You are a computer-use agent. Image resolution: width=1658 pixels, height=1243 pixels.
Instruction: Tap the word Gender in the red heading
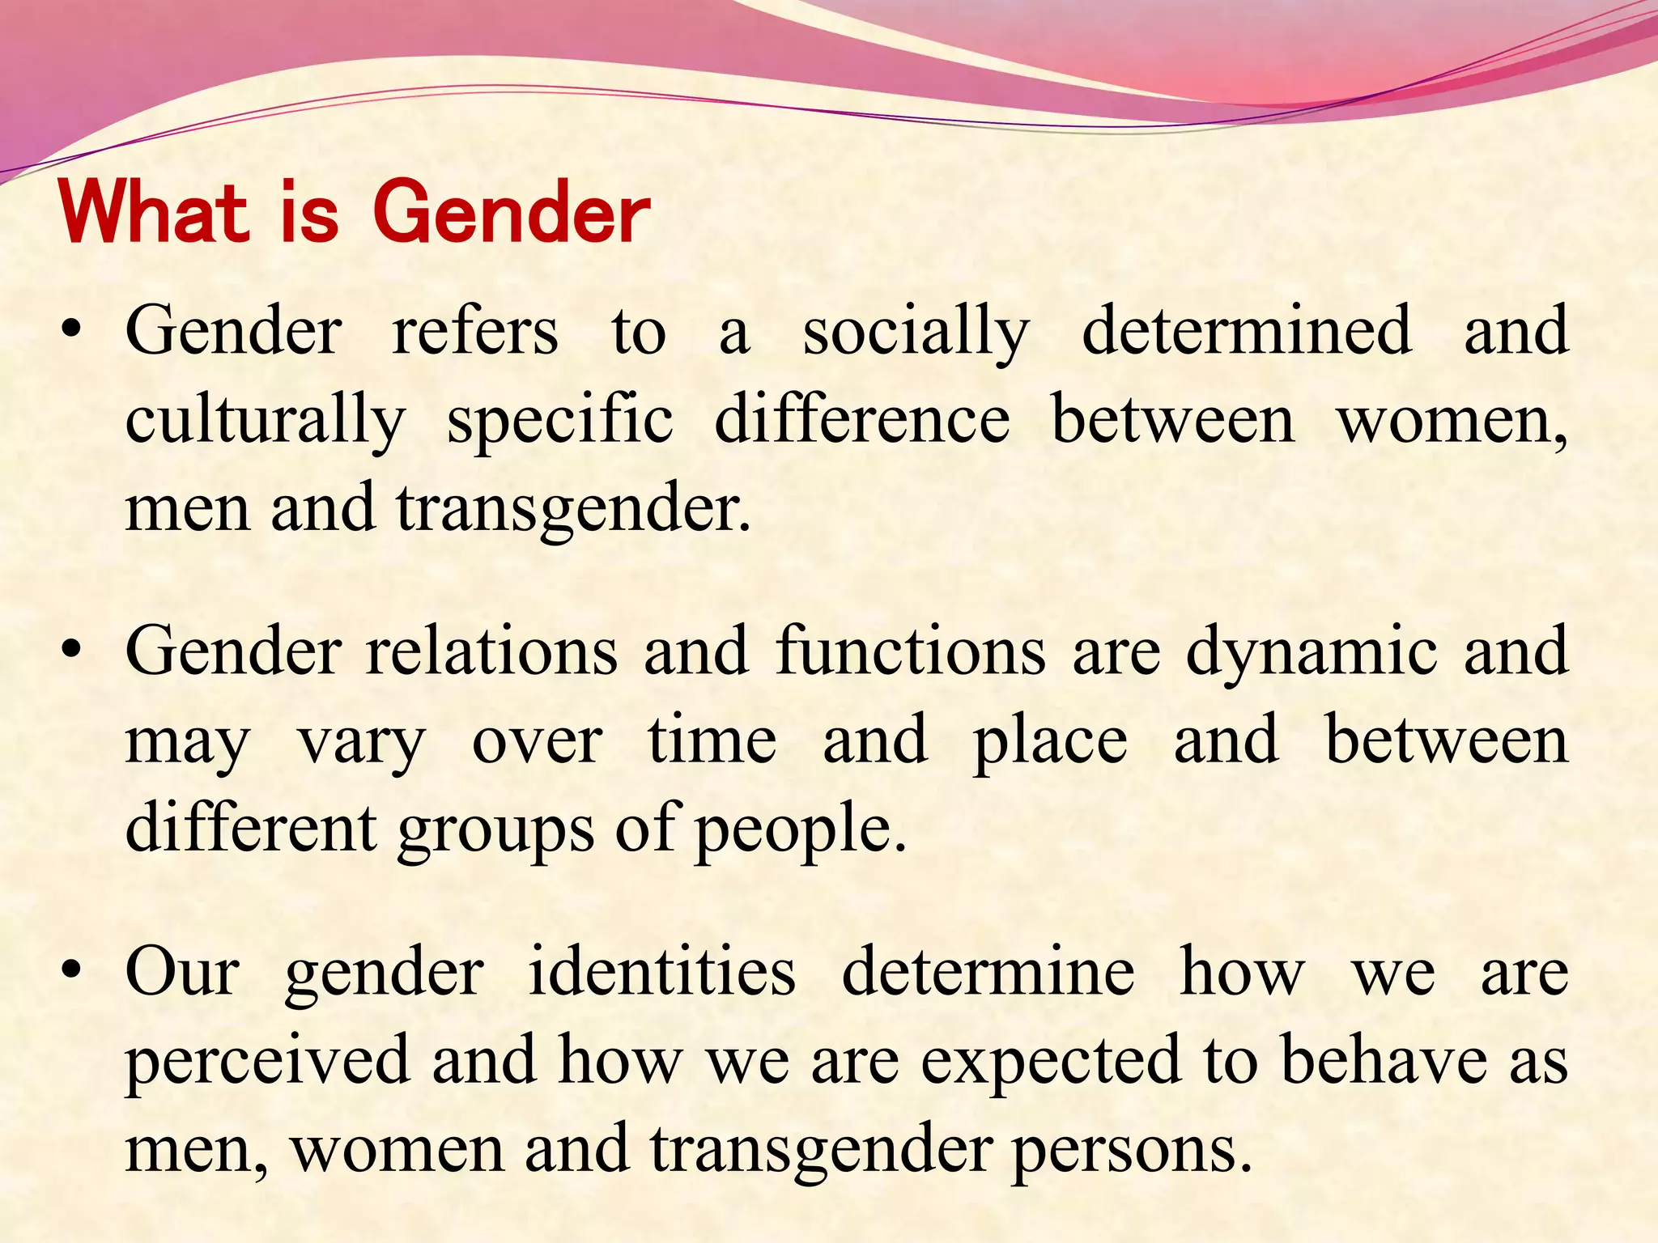512,212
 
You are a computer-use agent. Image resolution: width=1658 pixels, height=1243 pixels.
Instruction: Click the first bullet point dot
72,331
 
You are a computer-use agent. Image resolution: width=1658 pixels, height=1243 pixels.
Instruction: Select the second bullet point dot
72,651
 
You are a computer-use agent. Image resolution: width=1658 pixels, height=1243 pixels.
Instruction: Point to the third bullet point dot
72,970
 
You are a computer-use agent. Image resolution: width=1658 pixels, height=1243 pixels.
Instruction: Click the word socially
916,332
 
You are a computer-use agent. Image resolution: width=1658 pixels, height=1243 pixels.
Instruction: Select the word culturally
265,421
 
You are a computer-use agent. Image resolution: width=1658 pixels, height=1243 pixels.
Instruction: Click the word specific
560,421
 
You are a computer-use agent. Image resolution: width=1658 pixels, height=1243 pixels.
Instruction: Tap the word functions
910,651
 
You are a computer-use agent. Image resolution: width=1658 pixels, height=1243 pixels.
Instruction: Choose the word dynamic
1312,652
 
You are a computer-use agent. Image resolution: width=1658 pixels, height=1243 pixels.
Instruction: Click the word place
1050,741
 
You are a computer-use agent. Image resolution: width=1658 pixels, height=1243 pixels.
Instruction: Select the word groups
496,830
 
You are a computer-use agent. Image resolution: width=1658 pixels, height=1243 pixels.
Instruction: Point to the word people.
800,830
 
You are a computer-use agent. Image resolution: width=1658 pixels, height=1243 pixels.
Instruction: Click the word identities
662,970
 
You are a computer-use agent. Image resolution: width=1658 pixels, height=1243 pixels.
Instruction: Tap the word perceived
268,1060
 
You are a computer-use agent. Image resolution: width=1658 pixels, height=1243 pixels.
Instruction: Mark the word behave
1384,1060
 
